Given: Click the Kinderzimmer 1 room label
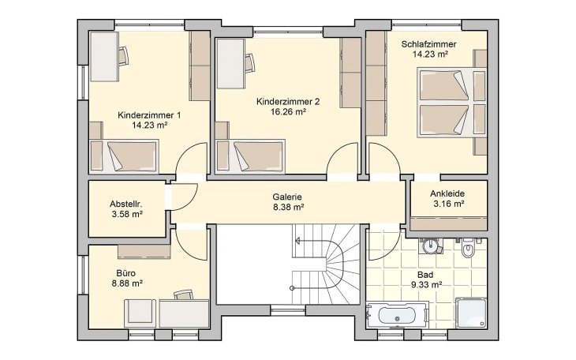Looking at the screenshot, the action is (149, 115).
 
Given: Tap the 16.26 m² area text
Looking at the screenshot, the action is (288, 112).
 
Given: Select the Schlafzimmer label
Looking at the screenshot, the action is (428, 44).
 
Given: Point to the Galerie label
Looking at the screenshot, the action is (287, 197).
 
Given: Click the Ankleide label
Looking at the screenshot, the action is (447, 193).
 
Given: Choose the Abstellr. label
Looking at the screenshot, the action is (126, 204).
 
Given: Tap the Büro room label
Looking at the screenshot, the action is (126, 273).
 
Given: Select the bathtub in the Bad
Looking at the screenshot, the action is (398, 315).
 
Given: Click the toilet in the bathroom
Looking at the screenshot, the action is (468, 248).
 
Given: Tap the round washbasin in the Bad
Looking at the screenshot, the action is (431, 246).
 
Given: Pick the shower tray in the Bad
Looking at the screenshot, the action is (471, 313).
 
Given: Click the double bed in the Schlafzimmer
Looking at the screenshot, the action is (452, 102).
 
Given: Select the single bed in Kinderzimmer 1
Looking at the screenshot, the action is (124, 156).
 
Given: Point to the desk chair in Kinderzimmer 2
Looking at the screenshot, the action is (250, 62).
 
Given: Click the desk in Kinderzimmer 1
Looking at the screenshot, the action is (104, 56).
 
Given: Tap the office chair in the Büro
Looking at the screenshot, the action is (183, 295).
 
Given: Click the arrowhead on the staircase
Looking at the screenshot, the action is (297, 242).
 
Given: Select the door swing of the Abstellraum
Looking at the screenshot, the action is (185, 197).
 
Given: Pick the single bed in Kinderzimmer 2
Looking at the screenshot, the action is (251, 156).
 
